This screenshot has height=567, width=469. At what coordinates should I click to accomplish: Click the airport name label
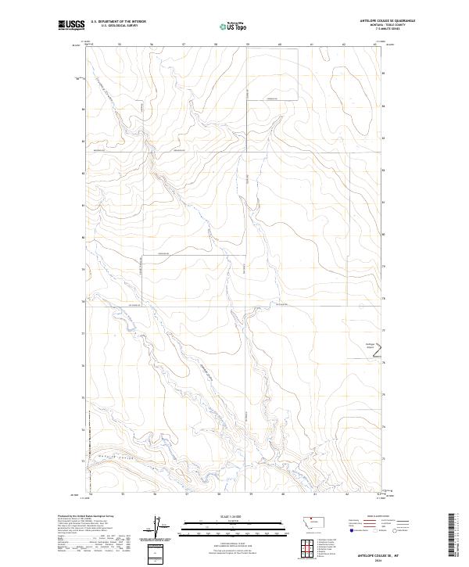pyautogui.click(x=370, y=346)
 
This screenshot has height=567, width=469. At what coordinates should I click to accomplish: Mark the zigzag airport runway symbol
pyautogui.click(x=380, y=357)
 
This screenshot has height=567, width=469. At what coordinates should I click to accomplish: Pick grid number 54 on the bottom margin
pyautogui.click(x=91, y=494)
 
